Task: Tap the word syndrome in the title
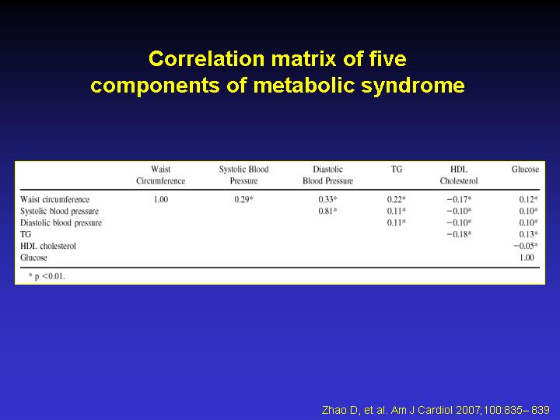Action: pos(412,86)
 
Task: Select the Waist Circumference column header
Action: pos(161,175)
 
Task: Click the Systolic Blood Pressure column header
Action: pos(243,175)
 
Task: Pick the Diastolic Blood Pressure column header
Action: pos(328,175)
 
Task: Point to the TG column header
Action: pos(397,170)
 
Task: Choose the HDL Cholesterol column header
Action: pos(459,175)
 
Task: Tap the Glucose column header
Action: pos(525,170)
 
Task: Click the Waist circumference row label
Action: pos(54,199)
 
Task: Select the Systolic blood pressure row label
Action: pos(59,211)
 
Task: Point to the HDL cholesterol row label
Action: pos(48,246)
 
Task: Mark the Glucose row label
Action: pos(33,257)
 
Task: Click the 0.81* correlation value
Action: pos(328,211)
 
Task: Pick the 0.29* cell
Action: pos(243,199)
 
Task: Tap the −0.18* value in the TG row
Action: pos(459,234)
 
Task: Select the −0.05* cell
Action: pos(525,246)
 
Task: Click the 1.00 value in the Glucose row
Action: pos(527,257)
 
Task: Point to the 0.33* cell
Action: pos(328,199)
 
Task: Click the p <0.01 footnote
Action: pos(47,276)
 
